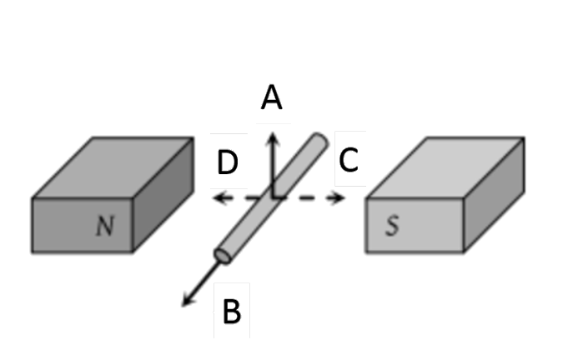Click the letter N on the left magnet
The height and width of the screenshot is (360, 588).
104,225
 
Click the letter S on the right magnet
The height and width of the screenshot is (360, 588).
391,227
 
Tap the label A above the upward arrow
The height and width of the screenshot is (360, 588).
272,98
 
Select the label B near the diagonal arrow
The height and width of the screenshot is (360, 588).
232,312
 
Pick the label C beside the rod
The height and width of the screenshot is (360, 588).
349,157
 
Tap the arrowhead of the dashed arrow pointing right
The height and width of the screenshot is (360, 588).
340,198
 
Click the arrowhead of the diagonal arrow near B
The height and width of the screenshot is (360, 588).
188,302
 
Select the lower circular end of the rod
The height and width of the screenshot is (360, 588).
223,252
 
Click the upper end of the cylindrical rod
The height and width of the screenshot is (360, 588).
319,141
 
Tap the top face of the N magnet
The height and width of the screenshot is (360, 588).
113,167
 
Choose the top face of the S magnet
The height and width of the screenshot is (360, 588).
446,167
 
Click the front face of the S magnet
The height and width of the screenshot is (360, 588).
414,227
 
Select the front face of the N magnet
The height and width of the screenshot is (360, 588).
82,227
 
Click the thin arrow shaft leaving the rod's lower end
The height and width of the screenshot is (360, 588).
207,280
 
